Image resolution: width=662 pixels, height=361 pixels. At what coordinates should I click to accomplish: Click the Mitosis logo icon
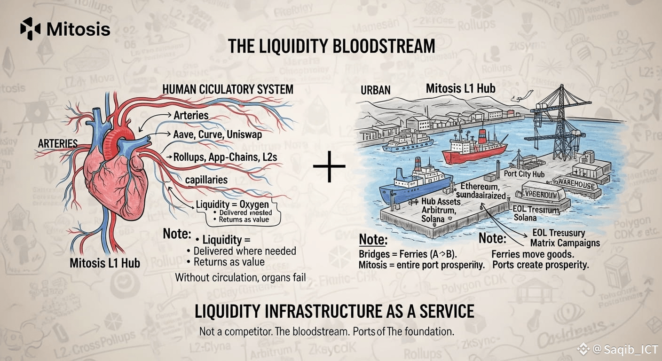coord(31,29)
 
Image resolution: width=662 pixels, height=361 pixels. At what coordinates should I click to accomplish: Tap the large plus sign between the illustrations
coord(329,166)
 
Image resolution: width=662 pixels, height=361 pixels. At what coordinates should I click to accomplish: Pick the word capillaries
coord(206,180)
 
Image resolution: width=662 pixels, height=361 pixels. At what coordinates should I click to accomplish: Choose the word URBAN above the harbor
coord(376,89)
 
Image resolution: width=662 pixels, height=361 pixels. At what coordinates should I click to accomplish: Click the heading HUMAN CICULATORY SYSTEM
coord(228,89)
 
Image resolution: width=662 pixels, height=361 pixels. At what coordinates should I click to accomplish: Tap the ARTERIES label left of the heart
coord(58,143)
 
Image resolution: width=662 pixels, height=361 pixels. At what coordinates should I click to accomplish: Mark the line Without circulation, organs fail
coord(240,277)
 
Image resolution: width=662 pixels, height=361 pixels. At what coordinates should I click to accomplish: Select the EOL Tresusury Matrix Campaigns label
coord(565,238)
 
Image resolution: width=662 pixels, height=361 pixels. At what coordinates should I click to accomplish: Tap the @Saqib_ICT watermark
coord(621,349)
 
